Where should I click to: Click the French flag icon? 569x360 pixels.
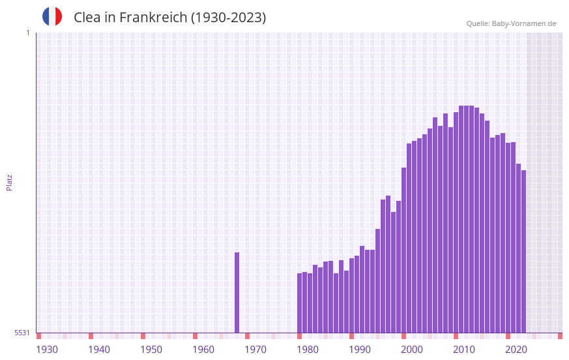(x=52, y=16)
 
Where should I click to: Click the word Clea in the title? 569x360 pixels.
(x=87, y=18)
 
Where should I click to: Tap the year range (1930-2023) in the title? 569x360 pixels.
(x=228, y=18)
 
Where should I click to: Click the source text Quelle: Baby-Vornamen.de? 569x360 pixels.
(x=511, y=23)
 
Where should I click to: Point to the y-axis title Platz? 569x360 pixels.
(x=9, y=182)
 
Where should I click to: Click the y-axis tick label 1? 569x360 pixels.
(x=27, y=33)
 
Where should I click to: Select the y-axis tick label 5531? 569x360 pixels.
(x=22, y=333)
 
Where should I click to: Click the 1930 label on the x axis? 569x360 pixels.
(x=47, y=350)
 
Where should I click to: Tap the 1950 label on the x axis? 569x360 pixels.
(x=151, y=350)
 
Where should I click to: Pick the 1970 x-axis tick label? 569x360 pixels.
(x=255, y=350)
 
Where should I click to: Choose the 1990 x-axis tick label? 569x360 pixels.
(x=360, y=350)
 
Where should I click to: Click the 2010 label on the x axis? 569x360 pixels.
(x=464, y=350)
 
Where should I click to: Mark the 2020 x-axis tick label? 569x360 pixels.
(x=516, y=350)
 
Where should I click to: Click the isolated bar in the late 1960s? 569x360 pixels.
(x=237, y=292)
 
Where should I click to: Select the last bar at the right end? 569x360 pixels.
(x=523, y=251)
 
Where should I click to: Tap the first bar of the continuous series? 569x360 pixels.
(x=299, y=303)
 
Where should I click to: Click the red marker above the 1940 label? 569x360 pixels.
(x=91, y=336)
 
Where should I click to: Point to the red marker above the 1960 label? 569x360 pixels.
(x=195, y=336)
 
